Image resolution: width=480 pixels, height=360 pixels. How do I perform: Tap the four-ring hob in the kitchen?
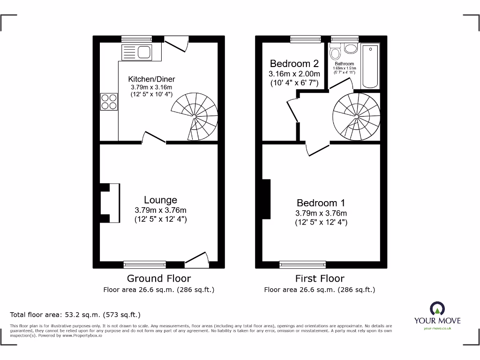(x=109, y=102)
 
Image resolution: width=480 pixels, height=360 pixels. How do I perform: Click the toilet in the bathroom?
(x=335, y=51)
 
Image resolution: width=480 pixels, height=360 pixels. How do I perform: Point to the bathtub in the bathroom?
(x=370, y=66)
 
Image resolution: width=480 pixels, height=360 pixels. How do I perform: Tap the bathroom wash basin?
(x=351, y=47)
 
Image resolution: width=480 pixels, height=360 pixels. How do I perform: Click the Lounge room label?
(x=160, y=200)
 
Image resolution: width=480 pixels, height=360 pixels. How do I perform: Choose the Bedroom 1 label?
(x=321, y=203)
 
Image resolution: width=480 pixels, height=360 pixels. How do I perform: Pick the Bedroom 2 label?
(x=294, y=64)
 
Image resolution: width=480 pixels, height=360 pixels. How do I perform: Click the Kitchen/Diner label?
(x=151, y=79)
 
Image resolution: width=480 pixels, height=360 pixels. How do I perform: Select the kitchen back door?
(x=176, y=45)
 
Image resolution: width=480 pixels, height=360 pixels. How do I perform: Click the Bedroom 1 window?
(x=302, y=264)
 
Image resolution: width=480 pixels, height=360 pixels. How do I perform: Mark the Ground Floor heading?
(x=159, y=278)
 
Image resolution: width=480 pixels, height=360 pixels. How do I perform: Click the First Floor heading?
(x=320, y=278)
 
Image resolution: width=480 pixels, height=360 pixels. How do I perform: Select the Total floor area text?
(x=75, y=315)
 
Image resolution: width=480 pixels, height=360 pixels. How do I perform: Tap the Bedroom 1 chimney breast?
(x=266, y=199)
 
